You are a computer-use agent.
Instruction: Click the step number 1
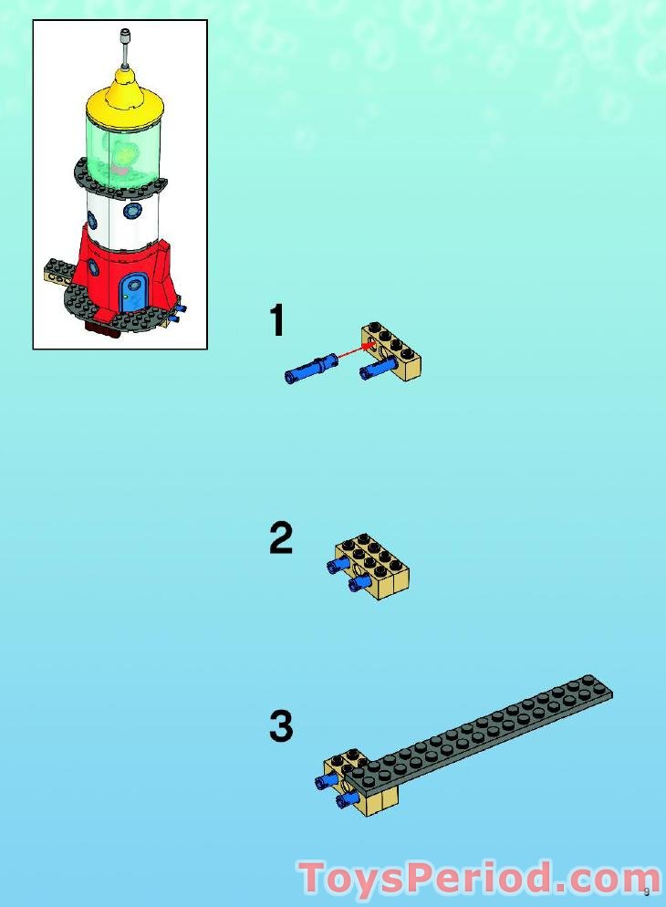(x=277, y=322)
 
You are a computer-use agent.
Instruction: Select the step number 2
(x=281, y=539)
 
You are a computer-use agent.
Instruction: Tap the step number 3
(x=281, y=727)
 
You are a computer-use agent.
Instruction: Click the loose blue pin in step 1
(x=311, y=370)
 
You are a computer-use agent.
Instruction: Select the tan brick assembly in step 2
(x=373, y=564)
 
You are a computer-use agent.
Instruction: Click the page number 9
(x=646, y=891)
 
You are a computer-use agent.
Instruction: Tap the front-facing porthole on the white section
(x=134, y=211)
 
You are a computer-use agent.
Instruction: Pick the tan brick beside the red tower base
(x=60, y=271)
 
